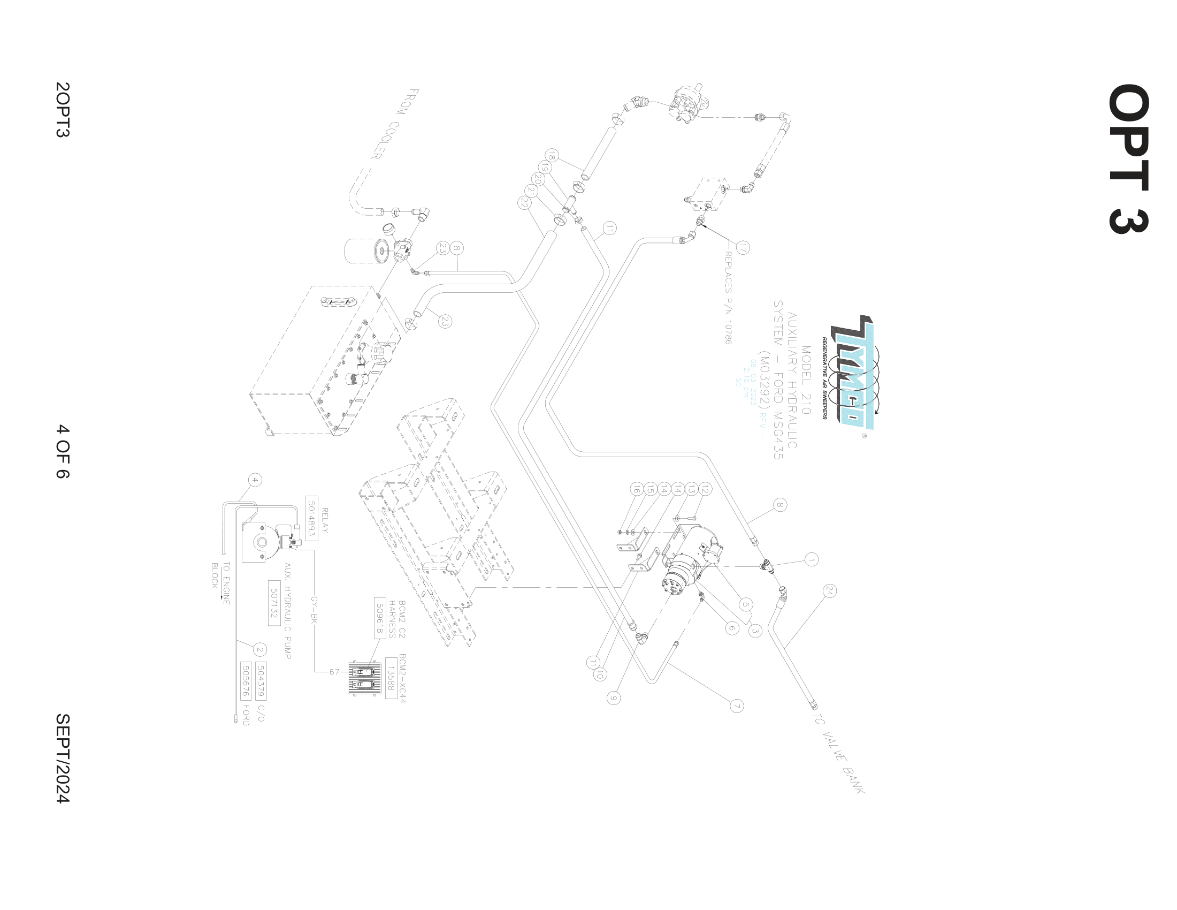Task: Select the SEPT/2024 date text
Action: point(63,758)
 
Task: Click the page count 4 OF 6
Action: point(63,451)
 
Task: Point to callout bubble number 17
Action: point(743,248)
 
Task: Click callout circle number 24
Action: point(829,591)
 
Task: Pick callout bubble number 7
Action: point(737,706)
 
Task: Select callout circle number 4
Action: point(255,480)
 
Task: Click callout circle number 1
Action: point(812,559)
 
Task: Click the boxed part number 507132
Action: point(274,603)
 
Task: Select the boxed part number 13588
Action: point(391,678)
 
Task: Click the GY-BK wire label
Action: point(314,610)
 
